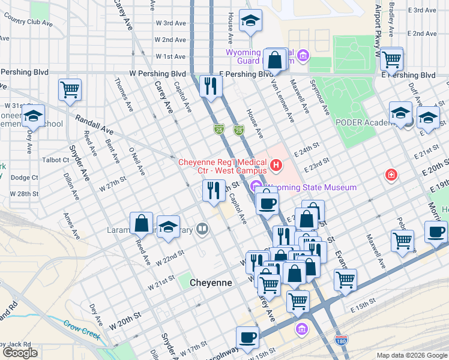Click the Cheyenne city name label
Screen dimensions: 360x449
211,282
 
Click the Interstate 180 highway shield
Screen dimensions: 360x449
341,340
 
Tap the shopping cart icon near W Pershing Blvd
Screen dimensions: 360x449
70,90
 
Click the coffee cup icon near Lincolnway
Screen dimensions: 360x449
247,337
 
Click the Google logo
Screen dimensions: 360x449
20,353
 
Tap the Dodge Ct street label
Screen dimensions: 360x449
24,178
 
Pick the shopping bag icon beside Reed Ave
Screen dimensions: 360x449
142,223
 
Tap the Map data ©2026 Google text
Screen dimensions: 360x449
411,355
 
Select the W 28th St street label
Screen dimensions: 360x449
24,194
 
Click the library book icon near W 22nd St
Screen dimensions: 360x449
203,229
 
